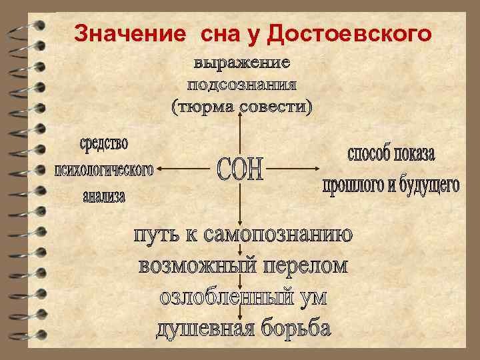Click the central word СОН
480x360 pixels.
tap(241, 171)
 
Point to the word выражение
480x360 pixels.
tap(241, 64)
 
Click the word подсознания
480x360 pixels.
tap(241, 85)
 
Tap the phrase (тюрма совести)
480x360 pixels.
tap(241, 107)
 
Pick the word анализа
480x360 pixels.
tap(104, 197)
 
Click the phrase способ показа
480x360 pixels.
tap(391, 154)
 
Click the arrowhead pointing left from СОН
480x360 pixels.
tap(159, 169)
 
